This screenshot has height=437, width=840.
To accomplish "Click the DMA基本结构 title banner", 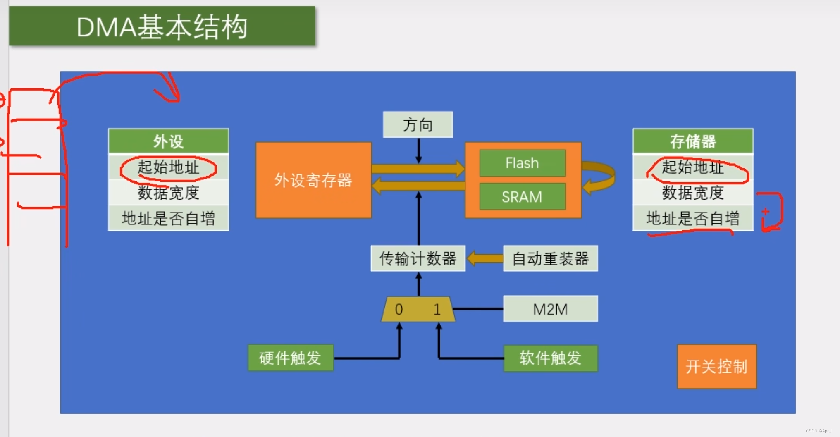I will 162,26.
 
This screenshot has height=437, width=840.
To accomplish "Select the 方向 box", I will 418,124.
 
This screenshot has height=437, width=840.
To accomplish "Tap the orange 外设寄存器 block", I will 313,180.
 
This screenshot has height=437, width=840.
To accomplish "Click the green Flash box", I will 522,163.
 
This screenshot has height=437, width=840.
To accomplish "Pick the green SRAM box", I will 522,197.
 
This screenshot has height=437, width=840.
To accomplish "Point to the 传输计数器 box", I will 418,259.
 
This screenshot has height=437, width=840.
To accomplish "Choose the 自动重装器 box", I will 550,259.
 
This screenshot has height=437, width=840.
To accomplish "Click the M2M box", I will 550,309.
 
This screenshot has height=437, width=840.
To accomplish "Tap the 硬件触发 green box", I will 290,358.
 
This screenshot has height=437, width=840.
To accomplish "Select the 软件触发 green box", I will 550,358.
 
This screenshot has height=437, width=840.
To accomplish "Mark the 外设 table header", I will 168,141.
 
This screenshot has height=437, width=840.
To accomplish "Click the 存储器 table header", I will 693,141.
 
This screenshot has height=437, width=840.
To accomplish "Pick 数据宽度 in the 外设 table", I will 168,193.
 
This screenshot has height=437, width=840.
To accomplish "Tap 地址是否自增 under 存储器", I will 693,218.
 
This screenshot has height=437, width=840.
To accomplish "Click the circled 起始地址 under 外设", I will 168,167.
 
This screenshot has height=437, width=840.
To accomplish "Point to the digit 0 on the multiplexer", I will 399,309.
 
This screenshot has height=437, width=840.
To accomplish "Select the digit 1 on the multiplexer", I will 437,309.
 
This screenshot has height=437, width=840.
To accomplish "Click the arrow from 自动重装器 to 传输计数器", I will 484,259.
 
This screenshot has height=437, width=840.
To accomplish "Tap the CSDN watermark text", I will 819,431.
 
